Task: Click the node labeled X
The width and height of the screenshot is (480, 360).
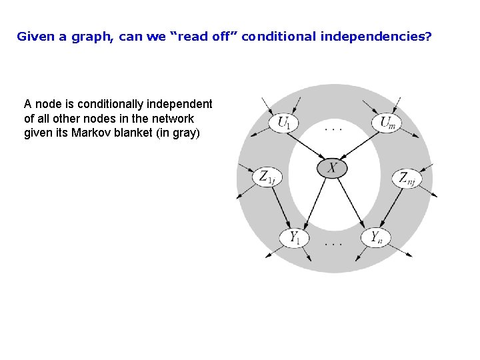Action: (331, 168)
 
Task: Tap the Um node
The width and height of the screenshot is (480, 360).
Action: (387, 123)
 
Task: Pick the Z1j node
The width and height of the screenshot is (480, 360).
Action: (267, 177)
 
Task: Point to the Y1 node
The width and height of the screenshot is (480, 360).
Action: (294, 237)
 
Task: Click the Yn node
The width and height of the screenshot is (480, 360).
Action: (376, 237)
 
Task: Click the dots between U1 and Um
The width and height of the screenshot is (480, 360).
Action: (333, 127)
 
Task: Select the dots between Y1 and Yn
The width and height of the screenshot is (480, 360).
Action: (333, 244)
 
